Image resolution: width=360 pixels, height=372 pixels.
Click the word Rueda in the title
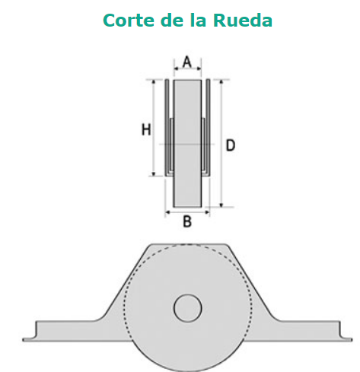[x=243, y=21]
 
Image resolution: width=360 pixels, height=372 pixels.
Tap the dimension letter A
[x=187, y=62]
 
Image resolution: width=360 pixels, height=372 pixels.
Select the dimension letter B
[x=187, y=221]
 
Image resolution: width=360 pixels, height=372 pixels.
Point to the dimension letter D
[x=231, y=145]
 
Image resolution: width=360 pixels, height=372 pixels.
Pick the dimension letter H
[x=146, y=129]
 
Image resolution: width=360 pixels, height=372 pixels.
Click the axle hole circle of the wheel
[x=188, y=308]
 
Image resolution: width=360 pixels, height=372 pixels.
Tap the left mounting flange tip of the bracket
[x=25, y=339]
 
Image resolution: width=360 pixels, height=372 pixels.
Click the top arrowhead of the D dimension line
[x=221, y=82]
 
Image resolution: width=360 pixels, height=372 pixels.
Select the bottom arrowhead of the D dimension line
[x=221, y=205]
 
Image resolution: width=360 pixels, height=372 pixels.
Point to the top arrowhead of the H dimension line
[x=154, y=82]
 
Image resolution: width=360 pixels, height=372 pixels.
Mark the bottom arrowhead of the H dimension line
[x=154, y=173]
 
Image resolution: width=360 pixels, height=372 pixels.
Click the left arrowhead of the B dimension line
[x=167, y=211]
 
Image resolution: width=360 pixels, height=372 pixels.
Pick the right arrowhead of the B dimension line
[x=207, y=211]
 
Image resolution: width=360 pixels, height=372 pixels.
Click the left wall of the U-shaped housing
[x=167, y=128]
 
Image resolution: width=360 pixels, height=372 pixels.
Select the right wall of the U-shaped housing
[x=208, y=128]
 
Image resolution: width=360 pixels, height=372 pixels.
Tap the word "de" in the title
[x=172, y=21]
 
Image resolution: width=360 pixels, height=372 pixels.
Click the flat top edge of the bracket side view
[x=188, y=244]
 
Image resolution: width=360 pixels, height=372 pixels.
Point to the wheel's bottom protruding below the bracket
[x=188, y=358]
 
